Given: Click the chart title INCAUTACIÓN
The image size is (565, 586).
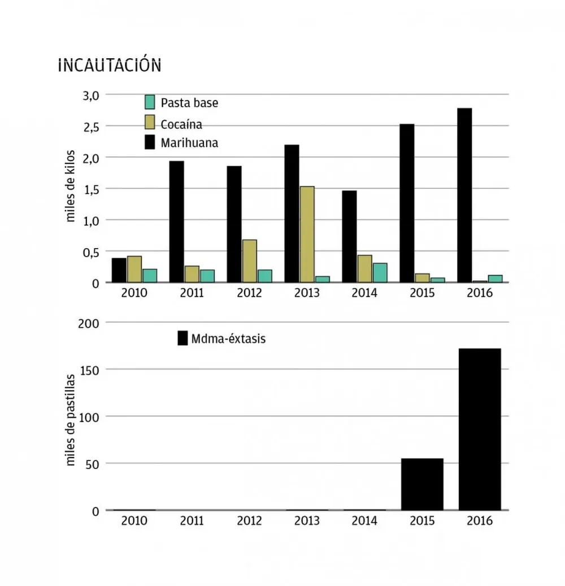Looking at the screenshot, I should pyautogui.click(x=110, y=66).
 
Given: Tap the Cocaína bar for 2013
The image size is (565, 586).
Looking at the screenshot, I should pyautogui.click(x=307, y=234).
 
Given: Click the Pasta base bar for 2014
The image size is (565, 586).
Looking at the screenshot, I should pyautogui.click(x=380, y=272).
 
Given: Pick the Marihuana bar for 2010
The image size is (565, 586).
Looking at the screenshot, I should pyautogui.click(x=119, y=270).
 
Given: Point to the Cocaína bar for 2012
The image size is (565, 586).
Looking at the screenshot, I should pyautogui.click(x=249, y=261).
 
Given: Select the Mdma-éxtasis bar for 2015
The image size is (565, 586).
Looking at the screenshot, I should pyautogui.click(x=422, y=484).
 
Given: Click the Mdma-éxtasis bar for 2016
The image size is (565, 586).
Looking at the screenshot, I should pyautogui.click(x=480, y=429).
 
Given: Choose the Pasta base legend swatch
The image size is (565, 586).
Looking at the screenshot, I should pyautogui.click(x=150, y=102).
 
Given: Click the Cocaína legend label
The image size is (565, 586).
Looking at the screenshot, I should pyautogui.click(x=181, y=123).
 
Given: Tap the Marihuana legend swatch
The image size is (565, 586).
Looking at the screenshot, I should pyautogui.click(x=150, y=142).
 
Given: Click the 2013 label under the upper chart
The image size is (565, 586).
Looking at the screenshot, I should pyautogui.click(x=307, y=293).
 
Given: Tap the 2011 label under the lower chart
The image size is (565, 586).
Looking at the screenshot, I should pyautogui.click(x=192, y=521).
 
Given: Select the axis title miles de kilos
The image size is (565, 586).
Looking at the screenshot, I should pyautogui.click(x=71, y=185).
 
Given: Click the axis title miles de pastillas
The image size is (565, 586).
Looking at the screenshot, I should pyautogui.click(x=71, y=420).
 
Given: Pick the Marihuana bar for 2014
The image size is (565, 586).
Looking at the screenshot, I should pyautogui.click(x=349, y=236).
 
